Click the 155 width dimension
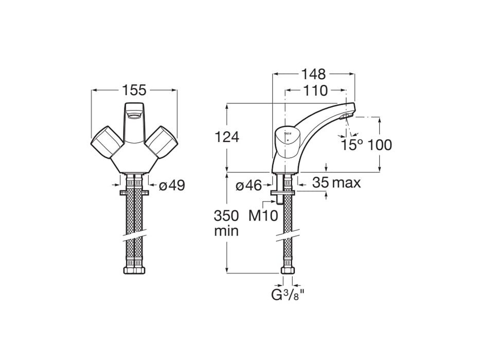click(134, 91)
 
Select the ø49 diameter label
click(171, 186)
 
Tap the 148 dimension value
click(314, 74)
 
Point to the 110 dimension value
click(315, 91)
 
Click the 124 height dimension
click(226, 138)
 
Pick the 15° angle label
click(349, 145)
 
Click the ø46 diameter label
click(249, 186)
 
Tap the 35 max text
click(336, 183)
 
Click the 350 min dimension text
click(226, 223)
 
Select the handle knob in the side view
click(287, 139)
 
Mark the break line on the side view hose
click(288, 237)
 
